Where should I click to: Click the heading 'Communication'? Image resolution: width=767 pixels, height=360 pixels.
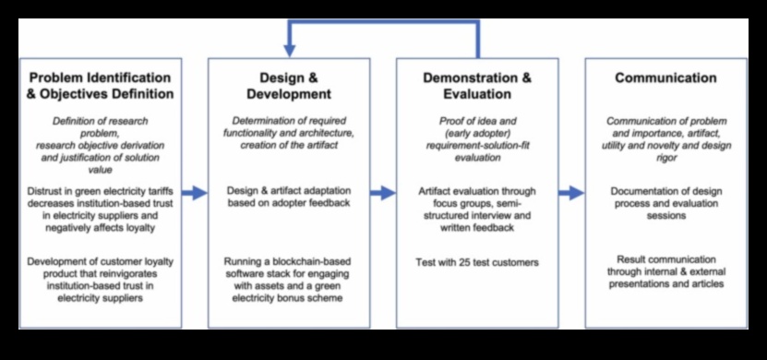coord(665,78)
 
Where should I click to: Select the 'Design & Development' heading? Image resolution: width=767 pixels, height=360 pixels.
coord(288,86)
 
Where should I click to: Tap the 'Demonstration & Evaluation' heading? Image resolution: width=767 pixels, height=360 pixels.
coord(476,86)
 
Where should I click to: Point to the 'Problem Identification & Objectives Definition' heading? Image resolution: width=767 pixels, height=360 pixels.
coord(101,86)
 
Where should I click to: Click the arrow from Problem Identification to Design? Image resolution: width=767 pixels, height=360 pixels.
coord(194,193)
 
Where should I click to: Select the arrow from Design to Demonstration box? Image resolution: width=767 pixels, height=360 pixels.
coord(383,193)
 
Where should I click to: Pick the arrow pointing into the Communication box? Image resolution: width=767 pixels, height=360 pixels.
coord(571,193)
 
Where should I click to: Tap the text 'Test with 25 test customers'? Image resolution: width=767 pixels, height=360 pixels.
coord(477,262)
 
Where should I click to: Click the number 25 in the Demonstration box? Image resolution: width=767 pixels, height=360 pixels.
coord(466,262)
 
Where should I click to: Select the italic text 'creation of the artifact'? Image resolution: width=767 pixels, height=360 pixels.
coord(289,146)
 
